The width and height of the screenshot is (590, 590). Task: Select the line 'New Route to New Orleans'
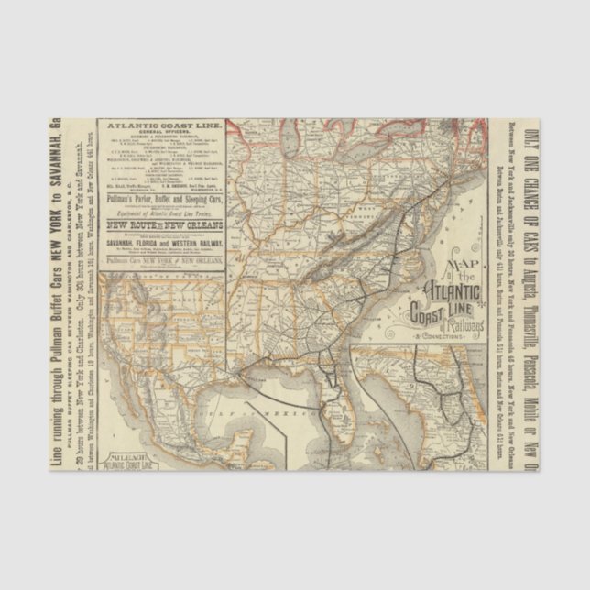point(160,224)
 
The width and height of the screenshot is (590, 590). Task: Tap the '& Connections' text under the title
point(438,337)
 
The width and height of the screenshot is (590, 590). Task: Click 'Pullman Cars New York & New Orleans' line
point(160,260)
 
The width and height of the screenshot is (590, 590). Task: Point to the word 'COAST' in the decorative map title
point(431,315)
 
